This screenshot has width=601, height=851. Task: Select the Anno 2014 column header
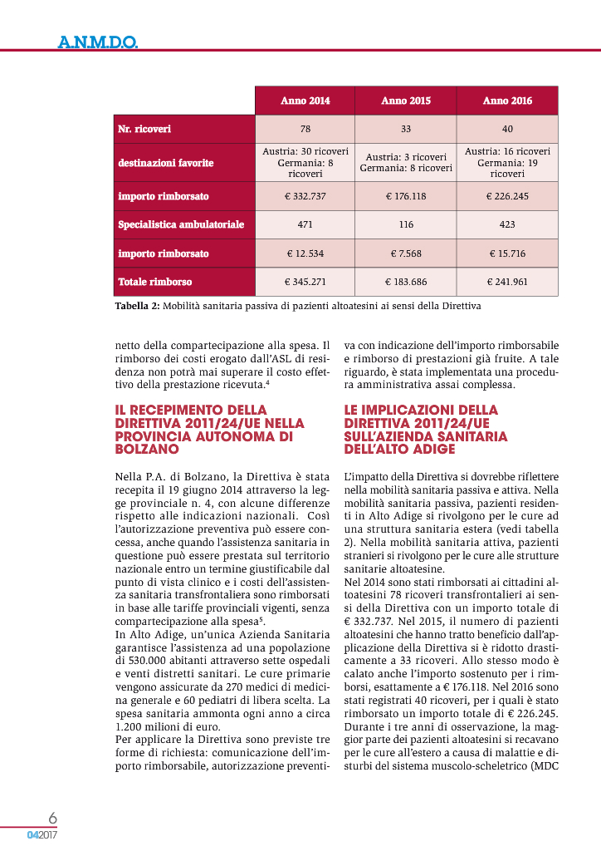tap(305, 101)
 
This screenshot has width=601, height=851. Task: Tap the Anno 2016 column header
tap(507, 101)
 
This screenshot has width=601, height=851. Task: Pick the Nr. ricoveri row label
tap(144, 129)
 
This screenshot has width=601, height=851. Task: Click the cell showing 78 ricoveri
tap(305, 129)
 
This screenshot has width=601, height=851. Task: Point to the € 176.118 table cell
tap(406, 197)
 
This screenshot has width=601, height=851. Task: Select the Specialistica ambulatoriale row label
tap(181, 224)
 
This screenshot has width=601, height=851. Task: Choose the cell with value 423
tap(507, 224)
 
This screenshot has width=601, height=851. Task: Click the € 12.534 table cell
tap(305, 253)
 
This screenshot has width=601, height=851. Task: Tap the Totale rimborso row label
tap(155, 282)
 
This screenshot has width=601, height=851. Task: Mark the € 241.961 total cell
tap(507, 282)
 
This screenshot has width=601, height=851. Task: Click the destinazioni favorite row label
tap(166, 163)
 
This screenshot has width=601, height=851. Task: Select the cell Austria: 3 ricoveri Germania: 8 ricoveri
tap(406, 163)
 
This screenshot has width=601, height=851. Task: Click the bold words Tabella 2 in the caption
tap(136, 306)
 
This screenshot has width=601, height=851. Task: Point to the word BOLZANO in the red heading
tap(148, 449)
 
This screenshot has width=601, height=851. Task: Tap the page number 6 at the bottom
tap(51, 817)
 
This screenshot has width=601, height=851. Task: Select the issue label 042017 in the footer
tap(42, 834)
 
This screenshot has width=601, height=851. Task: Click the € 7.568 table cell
tap(406, 253)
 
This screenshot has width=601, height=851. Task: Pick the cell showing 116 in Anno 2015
tap(406, 224)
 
